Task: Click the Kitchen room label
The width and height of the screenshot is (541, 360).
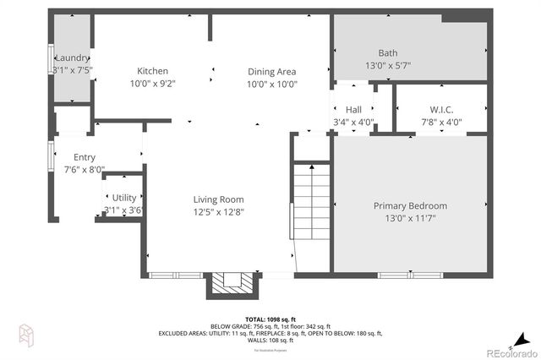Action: (153, 71)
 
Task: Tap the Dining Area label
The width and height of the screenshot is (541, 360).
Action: (271, 71)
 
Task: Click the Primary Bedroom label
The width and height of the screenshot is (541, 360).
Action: (410, 205)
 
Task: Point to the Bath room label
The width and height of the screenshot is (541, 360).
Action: (387, 52)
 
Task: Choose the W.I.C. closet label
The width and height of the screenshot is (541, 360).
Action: (441, 109)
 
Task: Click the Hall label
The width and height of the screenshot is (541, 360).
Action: (352, 110)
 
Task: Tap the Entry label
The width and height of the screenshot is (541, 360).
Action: (85, 157)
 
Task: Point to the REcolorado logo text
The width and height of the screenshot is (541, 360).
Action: (510, 352)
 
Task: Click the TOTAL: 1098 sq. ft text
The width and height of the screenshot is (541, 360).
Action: (270, 319)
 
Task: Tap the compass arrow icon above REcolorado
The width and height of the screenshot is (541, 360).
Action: (522, 335)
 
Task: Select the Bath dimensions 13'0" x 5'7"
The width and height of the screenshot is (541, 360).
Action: (387, 65)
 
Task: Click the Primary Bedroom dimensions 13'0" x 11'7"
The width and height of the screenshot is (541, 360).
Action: (410, 218)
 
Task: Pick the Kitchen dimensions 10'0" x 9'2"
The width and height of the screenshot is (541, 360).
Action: (153, 84)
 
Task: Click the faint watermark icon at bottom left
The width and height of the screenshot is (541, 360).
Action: (25, 334)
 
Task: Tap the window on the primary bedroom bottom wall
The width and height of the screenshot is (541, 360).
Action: (409, 275)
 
